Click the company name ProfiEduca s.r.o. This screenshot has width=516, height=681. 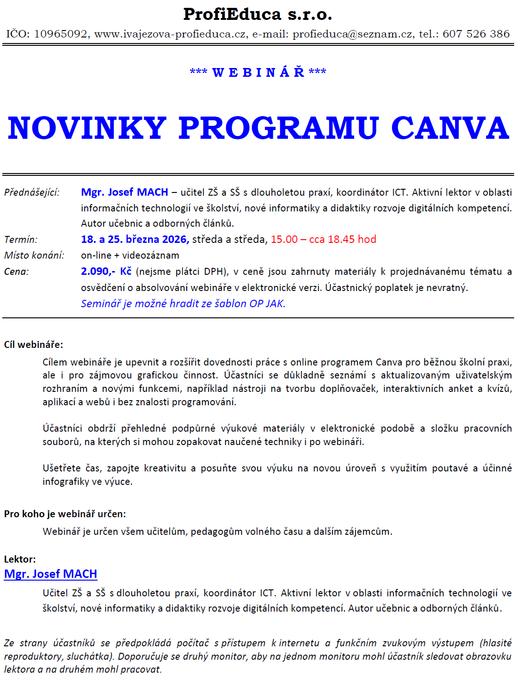click(258, 14)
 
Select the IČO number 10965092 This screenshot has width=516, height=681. click(61, 34)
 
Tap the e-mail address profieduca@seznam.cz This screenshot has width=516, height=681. click(352, 34)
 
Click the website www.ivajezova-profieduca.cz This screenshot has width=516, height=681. click(170, 34)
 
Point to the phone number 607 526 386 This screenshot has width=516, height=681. click(476, 34)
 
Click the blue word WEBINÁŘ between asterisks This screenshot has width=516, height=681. click(258, 72)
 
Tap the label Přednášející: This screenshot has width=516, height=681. click(32, 192)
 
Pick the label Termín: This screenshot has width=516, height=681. click(21, 240)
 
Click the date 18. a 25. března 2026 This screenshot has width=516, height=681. click(135, 239)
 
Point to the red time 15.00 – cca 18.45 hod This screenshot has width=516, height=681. click(323, 239)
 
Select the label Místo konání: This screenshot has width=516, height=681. click(34, 255)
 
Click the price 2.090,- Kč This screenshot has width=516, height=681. click(106, 272)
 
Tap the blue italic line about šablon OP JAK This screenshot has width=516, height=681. click(183, 303)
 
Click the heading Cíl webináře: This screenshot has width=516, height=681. click(33, 345)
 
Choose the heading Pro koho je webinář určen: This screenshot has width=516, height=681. click(65, 514)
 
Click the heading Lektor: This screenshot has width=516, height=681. click(20, 559)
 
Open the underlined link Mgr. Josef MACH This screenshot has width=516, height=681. click(50, 574)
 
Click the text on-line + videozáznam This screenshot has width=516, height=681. click(130, 255)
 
